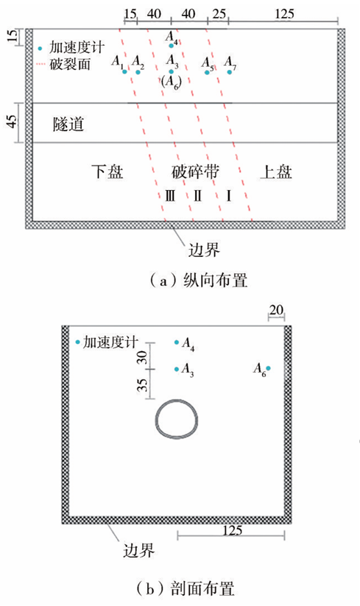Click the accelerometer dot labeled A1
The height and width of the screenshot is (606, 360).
(x=124, y=71)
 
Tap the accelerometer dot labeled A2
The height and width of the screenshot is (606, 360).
(x=138, y=72)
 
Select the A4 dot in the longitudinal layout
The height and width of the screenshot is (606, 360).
(x=171, y=46)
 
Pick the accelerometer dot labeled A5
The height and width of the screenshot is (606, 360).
(x=207, y=72)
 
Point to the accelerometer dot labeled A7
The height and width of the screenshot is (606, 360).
(x=230, y=72)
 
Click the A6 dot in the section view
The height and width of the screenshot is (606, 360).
(x=268, y=368)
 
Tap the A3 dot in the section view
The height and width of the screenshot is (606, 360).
(x=177, y=370)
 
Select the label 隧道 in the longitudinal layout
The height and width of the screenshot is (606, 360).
(x=68, y=124)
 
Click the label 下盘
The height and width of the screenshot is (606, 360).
(x=107, y=172)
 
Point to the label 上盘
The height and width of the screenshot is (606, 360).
(x=276, y=172)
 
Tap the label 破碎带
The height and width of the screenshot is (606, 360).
(x=195, y=172)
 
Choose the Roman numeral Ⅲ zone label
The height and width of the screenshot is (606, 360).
(x=170, y=196)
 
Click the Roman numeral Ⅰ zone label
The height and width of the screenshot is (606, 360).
(x=229, y=196)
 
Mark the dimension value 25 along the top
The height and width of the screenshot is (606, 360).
(x=219, y=14)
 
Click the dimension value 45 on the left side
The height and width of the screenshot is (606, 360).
(x=13, y=122)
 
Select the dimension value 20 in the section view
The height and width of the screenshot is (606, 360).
(x=276, y=310)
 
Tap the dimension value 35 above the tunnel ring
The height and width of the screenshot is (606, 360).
(x=143, y=384)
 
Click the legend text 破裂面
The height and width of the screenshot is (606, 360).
(x=70, y=64)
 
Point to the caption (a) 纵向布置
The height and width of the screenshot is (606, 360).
(x=199, y=281)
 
